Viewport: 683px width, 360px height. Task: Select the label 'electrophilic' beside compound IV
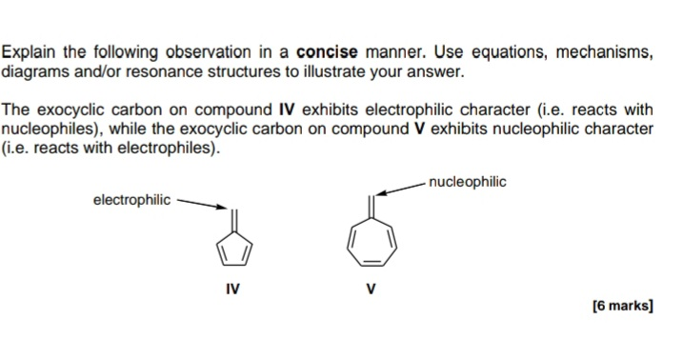click(131, 200)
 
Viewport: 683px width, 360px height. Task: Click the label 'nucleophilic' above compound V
click(468, 181)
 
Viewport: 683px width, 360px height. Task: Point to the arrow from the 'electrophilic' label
click(203, 204)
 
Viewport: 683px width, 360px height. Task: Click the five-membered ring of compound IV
click(234, 250)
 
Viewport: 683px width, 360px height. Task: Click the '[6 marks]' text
click(622, 306)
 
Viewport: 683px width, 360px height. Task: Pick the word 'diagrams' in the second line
click(31, 70)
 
